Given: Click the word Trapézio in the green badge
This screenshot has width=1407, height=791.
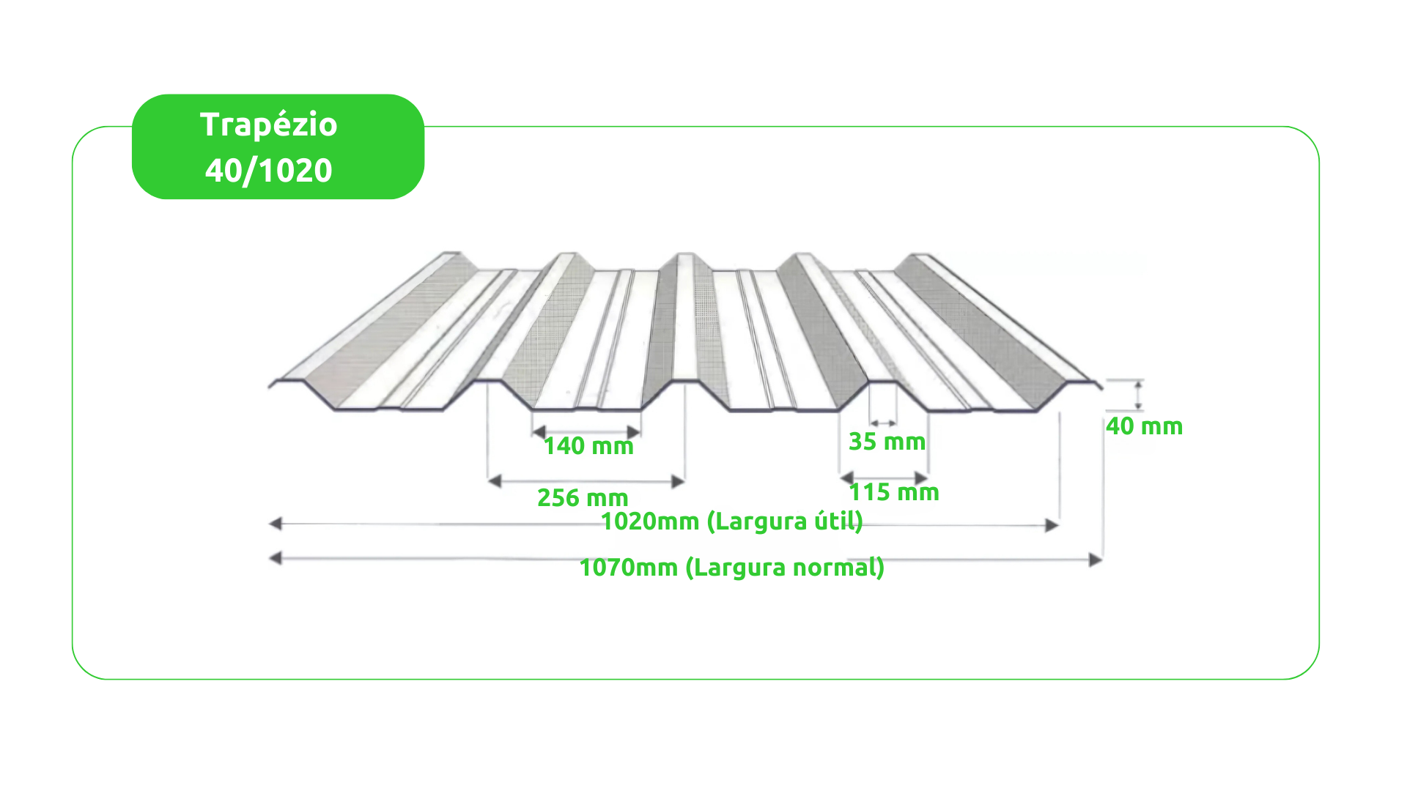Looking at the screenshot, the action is [x=269, y=125].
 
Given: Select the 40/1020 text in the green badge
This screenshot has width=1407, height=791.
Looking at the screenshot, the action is [x=269, y=171].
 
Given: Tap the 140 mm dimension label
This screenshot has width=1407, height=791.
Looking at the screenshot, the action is [x=588, y=446].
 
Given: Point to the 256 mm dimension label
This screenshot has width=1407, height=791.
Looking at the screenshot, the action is [x=583, y=498].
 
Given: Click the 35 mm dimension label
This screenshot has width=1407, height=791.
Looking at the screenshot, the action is [x=887, y=442].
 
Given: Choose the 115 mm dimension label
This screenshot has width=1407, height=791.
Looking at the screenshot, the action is [x=894, y=492].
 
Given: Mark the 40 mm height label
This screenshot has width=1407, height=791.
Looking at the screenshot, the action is [x=1145, y=426].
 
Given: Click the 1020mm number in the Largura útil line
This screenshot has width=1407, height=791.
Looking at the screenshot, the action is [x=650, y=521].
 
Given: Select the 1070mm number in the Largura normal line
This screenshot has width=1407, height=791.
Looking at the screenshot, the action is [x=629, y=568].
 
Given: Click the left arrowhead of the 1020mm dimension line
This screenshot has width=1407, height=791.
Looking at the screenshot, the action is [x=276, y=524].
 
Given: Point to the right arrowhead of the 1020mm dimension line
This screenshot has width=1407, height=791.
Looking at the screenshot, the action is [x=1052, y=525].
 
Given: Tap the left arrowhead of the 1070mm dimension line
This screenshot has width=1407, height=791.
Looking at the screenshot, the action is [x=276, y=559].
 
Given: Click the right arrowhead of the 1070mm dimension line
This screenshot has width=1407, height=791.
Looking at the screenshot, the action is [x=1096, y=560].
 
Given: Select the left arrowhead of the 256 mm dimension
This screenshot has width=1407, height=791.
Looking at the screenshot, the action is [x=495, y=481].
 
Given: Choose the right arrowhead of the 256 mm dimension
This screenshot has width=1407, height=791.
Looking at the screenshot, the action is [x=678, y=481].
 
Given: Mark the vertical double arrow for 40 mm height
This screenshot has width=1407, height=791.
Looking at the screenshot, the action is [x=1138, y=395].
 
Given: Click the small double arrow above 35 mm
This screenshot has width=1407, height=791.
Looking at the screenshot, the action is [x=883, y=423].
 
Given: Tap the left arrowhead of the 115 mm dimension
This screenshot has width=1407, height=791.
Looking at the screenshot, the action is [x=847, y=478].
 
